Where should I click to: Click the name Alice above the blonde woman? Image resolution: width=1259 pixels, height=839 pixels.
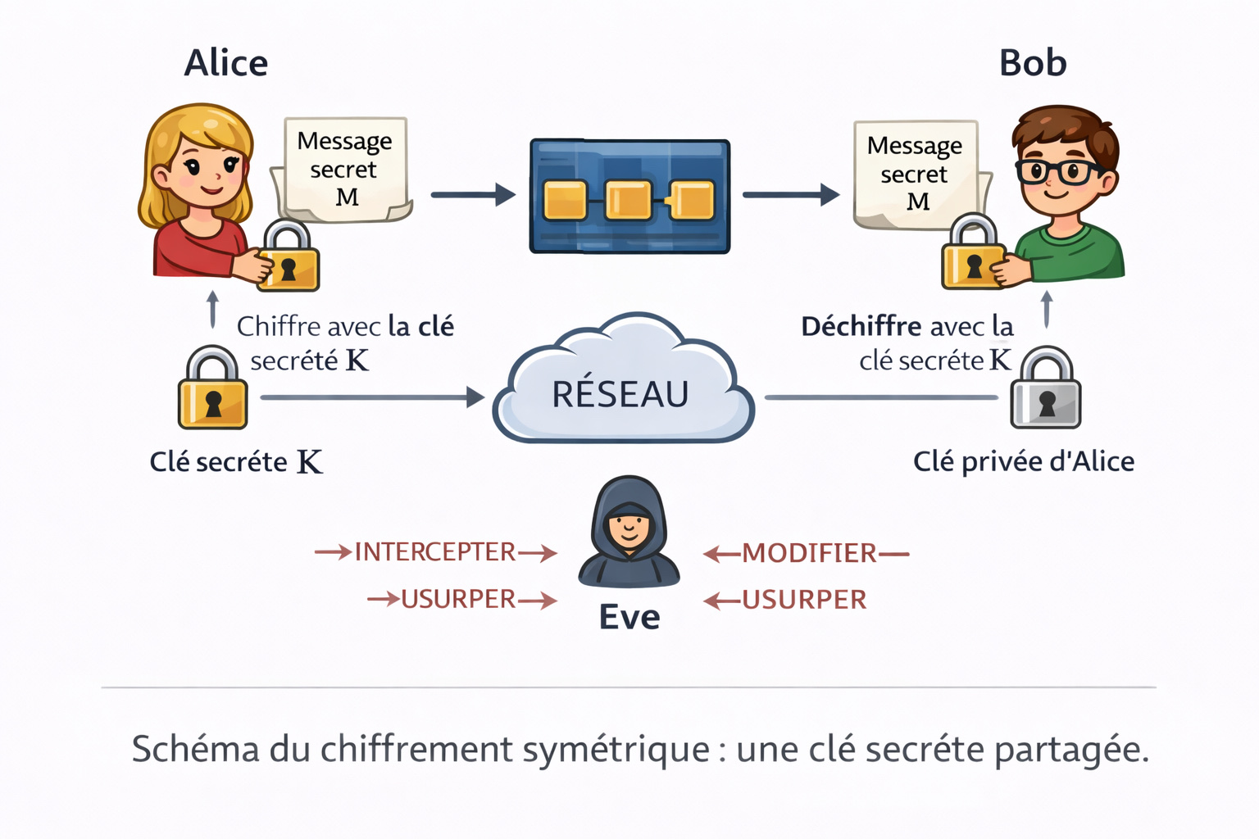226,63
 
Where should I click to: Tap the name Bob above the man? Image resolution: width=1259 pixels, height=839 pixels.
1033,63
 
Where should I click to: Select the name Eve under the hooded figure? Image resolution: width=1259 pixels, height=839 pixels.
629,617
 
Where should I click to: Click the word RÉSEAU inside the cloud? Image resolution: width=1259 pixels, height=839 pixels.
620,394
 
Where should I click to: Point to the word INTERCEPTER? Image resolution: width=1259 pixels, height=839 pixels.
435,552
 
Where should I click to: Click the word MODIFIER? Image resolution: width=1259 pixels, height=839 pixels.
809,554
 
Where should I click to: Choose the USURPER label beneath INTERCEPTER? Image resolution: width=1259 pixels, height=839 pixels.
458,600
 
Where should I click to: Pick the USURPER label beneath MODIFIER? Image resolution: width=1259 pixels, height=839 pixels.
804,601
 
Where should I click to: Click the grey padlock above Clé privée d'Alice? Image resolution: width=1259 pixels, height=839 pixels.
1046,390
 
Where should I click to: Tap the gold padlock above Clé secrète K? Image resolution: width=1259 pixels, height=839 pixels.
213,390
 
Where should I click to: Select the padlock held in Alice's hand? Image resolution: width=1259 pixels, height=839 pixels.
288,258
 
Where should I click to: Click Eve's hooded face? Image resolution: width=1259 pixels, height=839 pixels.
629,524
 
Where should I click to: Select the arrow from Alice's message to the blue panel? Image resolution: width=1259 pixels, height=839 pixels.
473,195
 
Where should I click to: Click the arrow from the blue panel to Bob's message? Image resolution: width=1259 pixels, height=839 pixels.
790,195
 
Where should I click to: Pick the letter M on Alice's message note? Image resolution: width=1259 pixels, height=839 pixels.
347,197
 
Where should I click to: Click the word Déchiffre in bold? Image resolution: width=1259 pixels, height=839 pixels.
861,327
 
